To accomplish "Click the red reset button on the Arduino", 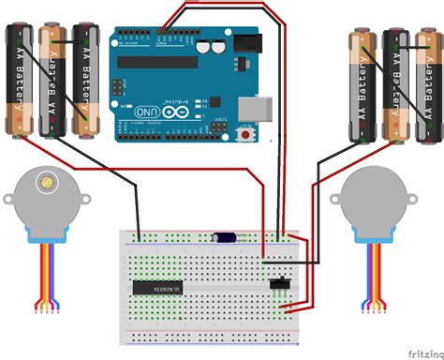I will click(247, 136).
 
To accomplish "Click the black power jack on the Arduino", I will click(245, 45).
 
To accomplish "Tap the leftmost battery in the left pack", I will click(19, 79).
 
